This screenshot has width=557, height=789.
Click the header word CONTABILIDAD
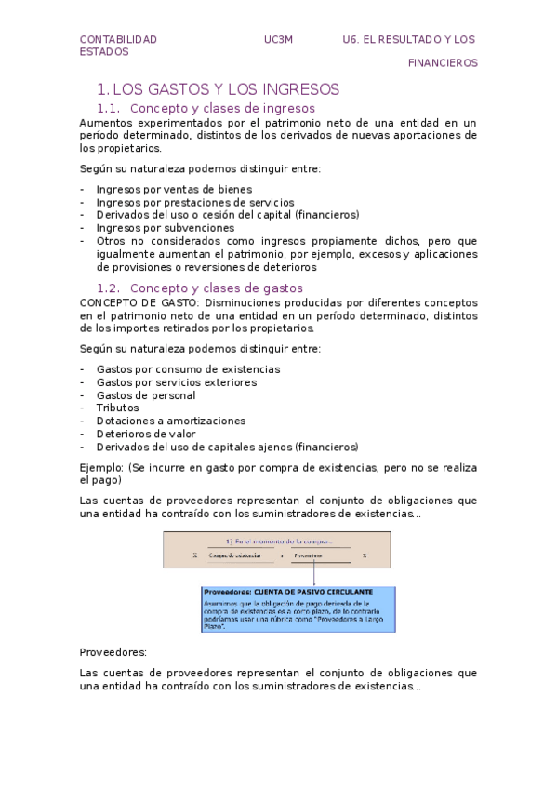[x=118, y=39]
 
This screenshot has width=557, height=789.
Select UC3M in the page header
[x=278, y=39]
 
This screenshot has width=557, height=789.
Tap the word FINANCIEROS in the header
[x=443, y=63]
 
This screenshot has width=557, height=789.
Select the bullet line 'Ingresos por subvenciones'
[x=166, y=227]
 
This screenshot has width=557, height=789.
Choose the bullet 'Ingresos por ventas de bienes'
[x=174, y=188]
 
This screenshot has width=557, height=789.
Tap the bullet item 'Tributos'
[x=117, y=408]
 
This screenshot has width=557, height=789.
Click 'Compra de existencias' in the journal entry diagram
[x=234, y=555]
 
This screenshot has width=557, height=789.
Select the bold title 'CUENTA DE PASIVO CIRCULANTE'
[x=318, y=592]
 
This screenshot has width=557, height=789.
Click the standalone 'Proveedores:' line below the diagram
[x=113, y=653]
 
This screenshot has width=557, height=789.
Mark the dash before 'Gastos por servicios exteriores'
[x=84, y=381]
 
